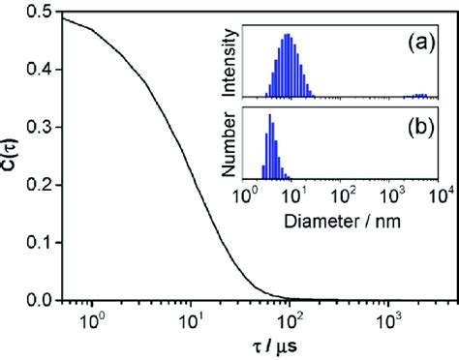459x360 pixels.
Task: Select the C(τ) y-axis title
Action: pyautogui.click(x=13, y=156)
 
